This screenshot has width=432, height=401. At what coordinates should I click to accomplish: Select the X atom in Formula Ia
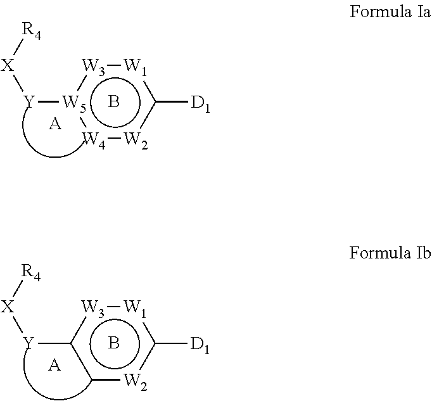(8, 66)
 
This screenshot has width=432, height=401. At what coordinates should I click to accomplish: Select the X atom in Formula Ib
(8, 307)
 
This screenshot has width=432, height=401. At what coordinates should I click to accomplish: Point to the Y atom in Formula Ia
(29, 101)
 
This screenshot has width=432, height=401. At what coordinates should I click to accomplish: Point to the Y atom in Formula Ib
(29, 343)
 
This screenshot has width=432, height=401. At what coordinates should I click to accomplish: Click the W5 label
(73, 103)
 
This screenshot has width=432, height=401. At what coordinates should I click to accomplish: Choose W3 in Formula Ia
(94, 67)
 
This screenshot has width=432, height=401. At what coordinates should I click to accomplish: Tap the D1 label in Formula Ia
(200, 103)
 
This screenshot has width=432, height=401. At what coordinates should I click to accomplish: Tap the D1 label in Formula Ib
(200, 345)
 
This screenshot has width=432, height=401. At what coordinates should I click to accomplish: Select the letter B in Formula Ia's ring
(114, 102)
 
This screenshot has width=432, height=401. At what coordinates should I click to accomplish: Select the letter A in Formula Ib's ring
(54, 366)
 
